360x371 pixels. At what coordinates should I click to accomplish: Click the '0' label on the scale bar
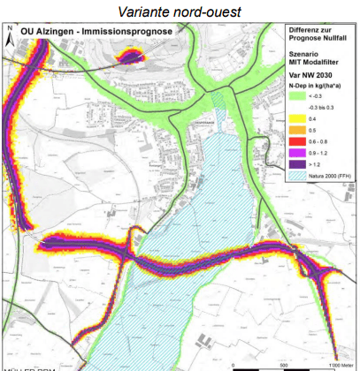(232, 364)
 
